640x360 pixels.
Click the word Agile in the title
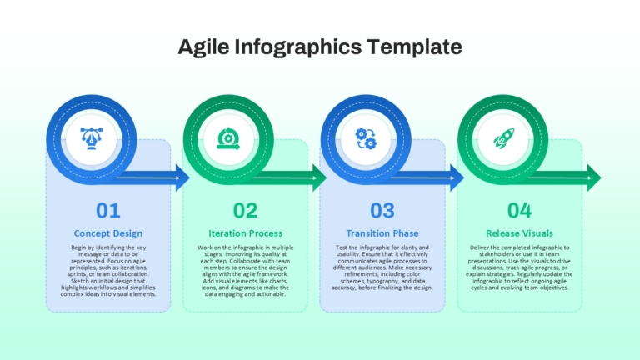click(203, 47)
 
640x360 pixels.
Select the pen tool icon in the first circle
click(92, 139)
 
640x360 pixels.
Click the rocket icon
click(503, 138)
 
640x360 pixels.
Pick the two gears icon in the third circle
click(366, 139)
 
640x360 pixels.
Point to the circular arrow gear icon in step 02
click(228, 139)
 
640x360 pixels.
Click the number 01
click(108, 211)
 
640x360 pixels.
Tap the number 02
click(245, 211)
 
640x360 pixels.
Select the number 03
click(382, 211)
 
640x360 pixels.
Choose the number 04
click(520, 211)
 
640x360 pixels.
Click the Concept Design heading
click(108, 233)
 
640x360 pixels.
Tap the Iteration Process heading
click(245, 233)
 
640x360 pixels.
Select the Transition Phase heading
click(382, 233)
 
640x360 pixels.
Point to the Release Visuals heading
click(520, 233)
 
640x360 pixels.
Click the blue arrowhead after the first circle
click(182, 178)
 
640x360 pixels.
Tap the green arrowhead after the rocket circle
click(593, 178)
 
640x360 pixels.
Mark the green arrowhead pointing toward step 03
click(319, 178)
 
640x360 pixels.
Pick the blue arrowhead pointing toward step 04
click(457, 178)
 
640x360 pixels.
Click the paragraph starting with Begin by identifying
click(108, 271)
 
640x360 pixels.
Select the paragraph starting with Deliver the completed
click(520, 267)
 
